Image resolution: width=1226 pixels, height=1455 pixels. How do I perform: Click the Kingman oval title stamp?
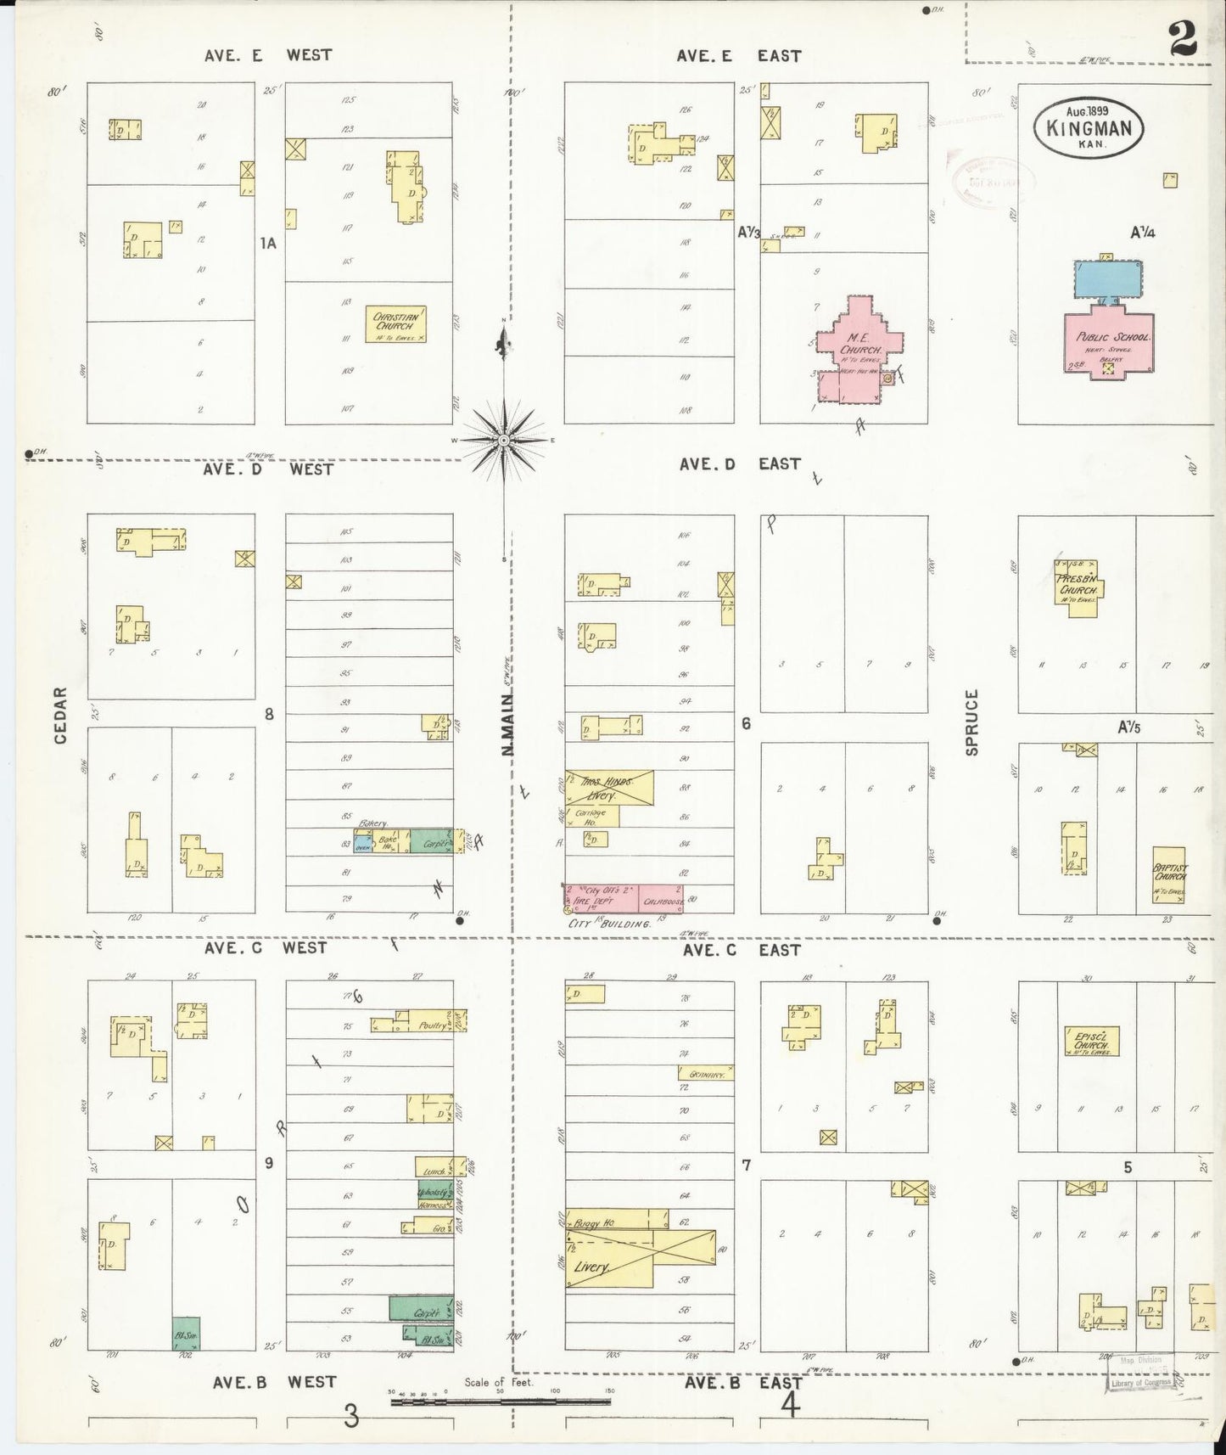[1089, 128]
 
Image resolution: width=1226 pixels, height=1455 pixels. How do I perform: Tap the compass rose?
[504, 440]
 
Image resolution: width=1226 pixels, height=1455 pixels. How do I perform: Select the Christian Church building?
[395, 324]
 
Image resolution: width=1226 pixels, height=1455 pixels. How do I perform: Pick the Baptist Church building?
[1169, 874]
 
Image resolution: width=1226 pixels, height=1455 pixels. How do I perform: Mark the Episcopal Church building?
[1091, 1042]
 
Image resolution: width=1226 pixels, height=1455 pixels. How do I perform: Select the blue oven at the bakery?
[362, 845]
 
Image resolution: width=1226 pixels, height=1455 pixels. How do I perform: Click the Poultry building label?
[433, 1025]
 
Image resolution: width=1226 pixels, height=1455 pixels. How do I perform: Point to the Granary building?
[705, 1074]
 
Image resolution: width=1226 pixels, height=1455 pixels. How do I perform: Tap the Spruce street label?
[972, 722]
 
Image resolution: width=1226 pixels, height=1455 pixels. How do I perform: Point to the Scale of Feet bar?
[501, 1402]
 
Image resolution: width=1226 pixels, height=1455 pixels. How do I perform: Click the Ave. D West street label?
[268, 469]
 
